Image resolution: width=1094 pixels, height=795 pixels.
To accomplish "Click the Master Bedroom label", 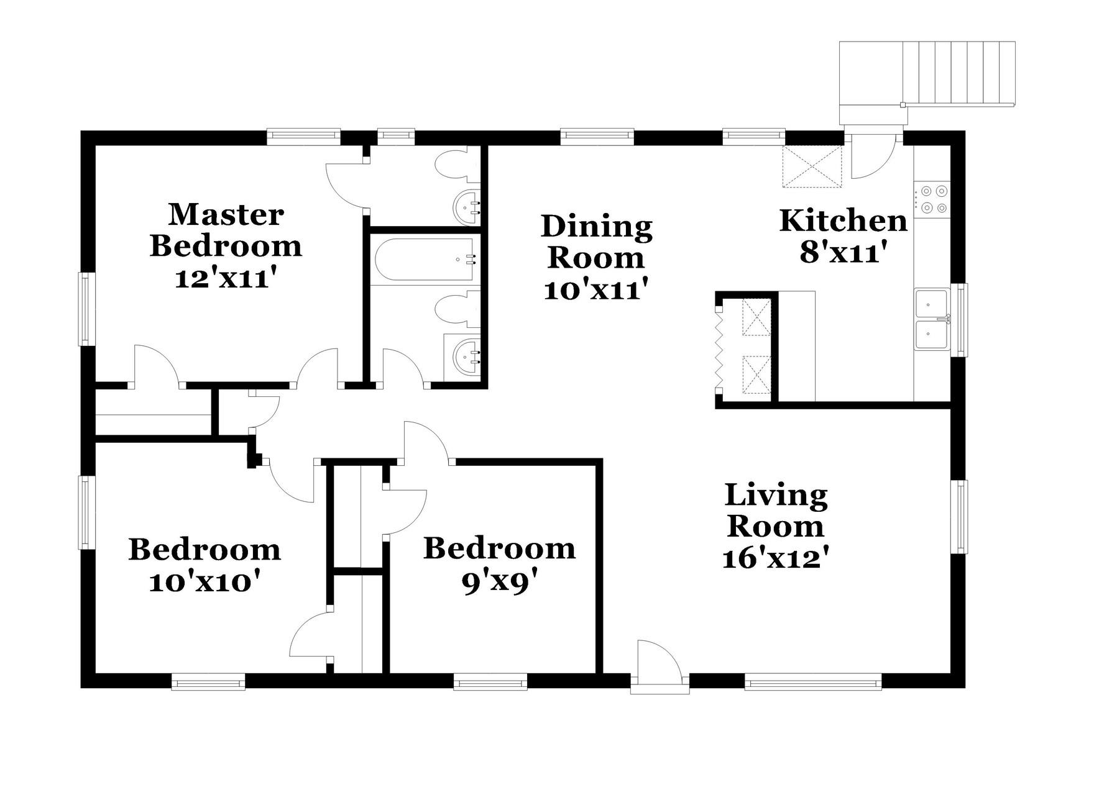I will point(226,230).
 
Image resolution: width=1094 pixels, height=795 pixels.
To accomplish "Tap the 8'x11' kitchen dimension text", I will point(842,253).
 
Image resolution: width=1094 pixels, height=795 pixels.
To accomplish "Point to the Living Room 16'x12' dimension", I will point(776,558).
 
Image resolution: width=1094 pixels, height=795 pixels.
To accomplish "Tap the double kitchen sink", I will point(931,320).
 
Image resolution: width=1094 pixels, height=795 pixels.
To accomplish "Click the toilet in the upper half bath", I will point(456,166).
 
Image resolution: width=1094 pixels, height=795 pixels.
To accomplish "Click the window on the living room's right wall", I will point(962,516).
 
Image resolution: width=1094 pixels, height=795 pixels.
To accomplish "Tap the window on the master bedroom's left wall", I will point(85,309).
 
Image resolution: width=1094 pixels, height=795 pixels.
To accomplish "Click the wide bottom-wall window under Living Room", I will point(813,684).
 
